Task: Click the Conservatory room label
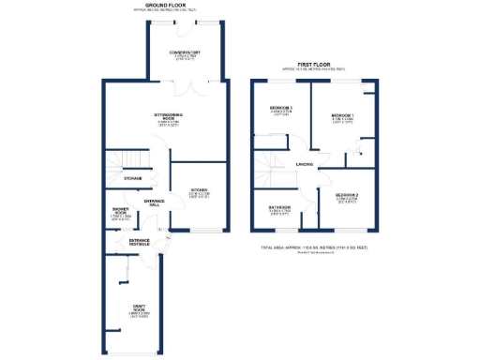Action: pyautogui.click(x=184, y=52)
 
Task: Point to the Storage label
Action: pyautogui.click(x=132, y=177)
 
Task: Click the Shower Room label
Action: pyautogui.click(x=119, y=211)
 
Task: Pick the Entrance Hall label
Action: pyautogui.click(x=154, y=202)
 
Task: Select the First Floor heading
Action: pyautogui.click(x=314, y=66)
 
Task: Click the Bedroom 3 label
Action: pyautogui.click(x=281, y=109)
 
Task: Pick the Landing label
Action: pyautogui.click(x=305, y=165)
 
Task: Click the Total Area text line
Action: pyautogui.click(x=315, y=247)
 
